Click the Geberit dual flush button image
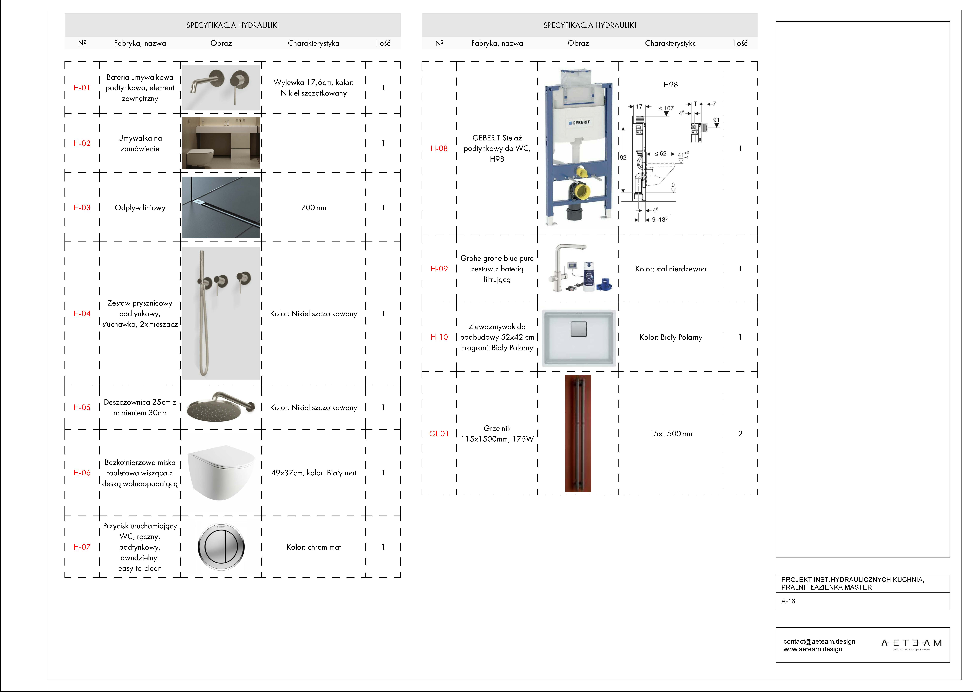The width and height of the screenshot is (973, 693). click(221, 547)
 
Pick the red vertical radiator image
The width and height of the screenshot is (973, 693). click(578, 434)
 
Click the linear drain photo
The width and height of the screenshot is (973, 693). click(221, 207)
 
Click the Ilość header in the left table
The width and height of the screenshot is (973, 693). click(383, 43)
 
